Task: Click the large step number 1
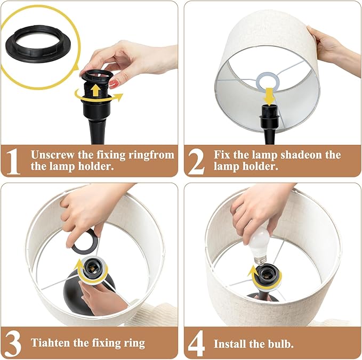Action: [x=14, y=161]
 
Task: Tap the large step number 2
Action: [x=196, y=161]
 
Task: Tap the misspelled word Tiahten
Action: [x=51, y=343]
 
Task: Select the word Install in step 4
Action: [x=229, y=344]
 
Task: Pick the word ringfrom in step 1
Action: [x=151, y=155]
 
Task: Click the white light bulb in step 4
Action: [x=261, y=245]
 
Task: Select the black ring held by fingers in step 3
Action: [x=85, y=242]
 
